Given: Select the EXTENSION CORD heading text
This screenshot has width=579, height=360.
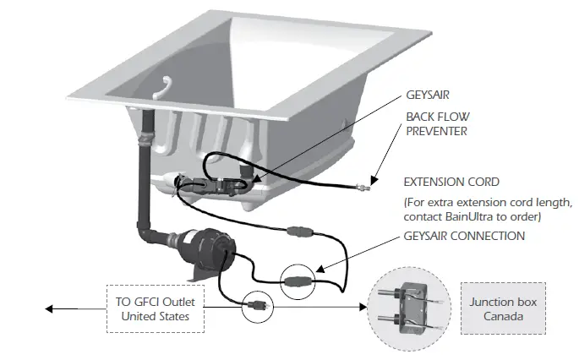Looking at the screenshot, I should click(451, 183).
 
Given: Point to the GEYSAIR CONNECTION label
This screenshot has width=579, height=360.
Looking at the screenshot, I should click(464, 236).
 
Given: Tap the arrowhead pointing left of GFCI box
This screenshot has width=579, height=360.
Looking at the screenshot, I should click(51, 308).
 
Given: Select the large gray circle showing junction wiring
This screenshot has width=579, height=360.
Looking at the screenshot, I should click(409, 309).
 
